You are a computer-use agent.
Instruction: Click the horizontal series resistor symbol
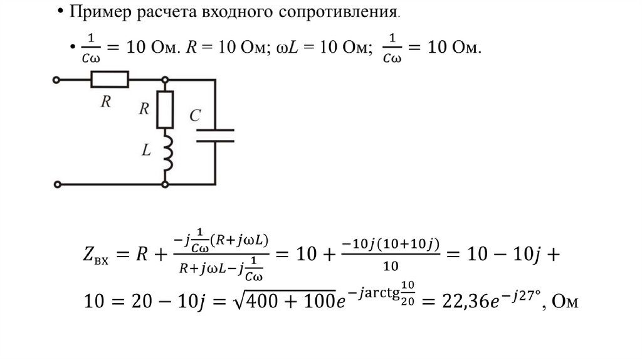pos(110,80)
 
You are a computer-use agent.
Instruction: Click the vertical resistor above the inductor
pos(165,110)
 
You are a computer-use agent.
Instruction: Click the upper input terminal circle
pos(58,80)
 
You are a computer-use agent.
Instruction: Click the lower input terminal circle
pos(58,184)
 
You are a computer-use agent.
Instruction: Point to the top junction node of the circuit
pos(165,80)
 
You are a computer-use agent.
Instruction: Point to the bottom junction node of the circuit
pos(165,184)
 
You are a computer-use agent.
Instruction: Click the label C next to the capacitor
pos(195,115)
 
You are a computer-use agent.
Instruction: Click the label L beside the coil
pos(146,151)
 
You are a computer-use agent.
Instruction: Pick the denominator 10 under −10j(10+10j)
pos(391,267)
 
